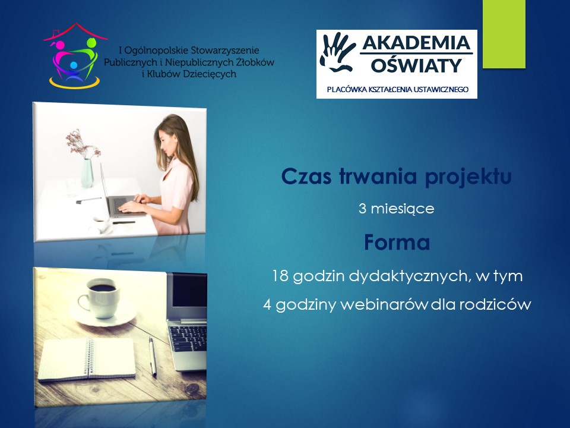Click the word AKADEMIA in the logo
(416, 43)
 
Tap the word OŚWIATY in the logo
(416, 65)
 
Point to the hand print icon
(337, 52)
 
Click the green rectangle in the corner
(504, 34)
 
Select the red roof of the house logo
(75, 30)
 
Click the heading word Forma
(397, 243)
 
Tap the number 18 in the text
(280, 276)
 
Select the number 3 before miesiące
(362, 209)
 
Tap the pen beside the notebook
(153, 355)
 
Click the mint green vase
(87, 173)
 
